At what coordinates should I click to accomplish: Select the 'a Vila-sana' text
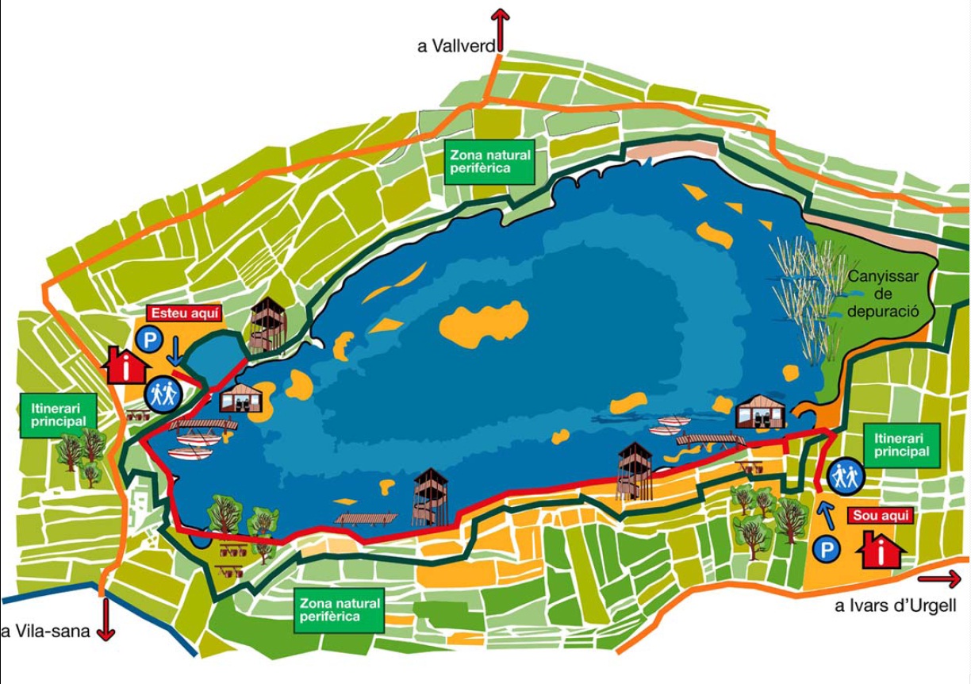46,632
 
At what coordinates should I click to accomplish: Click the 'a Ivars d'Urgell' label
895,607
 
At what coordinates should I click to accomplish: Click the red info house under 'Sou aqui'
881,549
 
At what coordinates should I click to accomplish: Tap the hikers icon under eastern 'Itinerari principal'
846,476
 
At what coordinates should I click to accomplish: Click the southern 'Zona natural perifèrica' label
340,609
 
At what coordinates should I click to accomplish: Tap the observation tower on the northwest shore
268,324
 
